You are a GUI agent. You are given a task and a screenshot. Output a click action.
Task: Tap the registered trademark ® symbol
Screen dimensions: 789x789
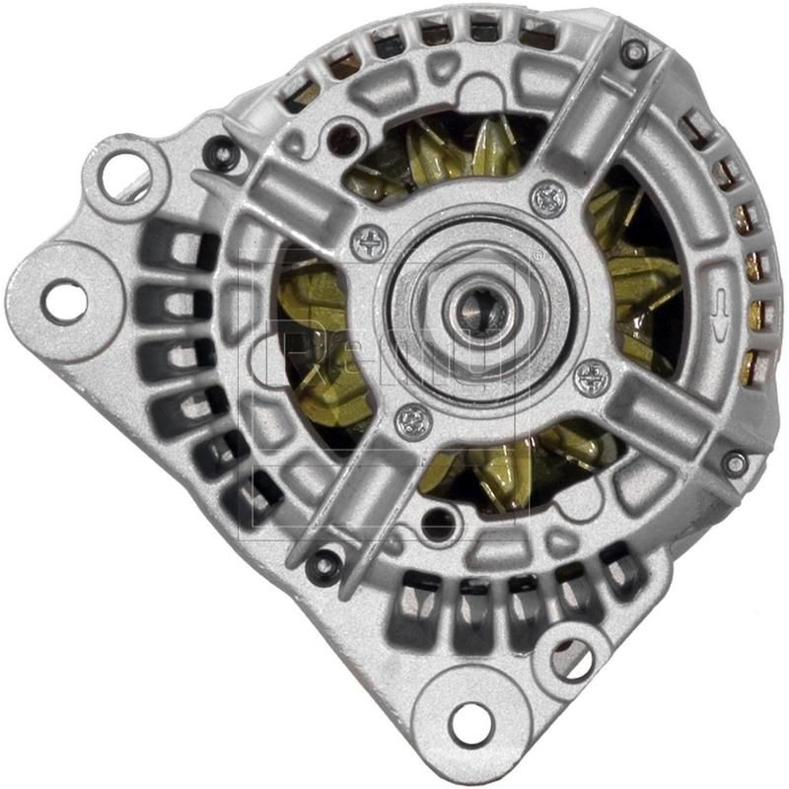[538, 254]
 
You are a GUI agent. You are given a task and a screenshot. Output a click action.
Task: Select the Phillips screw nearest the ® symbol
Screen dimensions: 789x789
[548, 198]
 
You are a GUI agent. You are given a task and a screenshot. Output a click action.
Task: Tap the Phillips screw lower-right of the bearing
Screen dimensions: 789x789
[592, 375]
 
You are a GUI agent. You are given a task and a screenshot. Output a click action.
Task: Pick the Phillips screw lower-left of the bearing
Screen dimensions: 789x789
[413, 422]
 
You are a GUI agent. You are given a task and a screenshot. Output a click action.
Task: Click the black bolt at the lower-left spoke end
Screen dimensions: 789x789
[322, 565]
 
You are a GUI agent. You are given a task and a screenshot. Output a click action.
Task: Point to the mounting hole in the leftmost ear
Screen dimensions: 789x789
[66, 301]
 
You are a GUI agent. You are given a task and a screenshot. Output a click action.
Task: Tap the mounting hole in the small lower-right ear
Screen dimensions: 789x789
[575, 658]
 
